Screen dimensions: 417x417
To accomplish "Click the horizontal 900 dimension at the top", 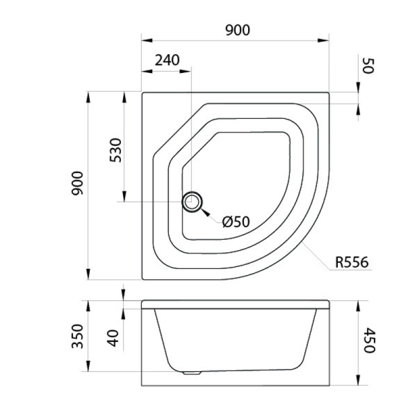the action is pos(238,30).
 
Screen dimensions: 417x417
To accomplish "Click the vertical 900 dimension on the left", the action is pos(77,183).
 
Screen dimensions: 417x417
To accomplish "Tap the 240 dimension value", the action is pos(167,60).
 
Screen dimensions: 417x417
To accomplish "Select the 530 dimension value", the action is pos(115,150).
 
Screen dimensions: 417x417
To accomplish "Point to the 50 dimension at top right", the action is pos(368,66).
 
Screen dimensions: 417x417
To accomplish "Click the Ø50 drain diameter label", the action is pos(236,222).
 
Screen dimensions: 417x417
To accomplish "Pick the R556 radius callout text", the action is pos(352,262).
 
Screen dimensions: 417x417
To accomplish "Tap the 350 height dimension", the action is pos(78,336).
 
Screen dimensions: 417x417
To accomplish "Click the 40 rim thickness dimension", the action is pos(113,338).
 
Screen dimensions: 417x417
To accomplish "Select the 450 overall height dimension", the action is pos(369,341).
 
